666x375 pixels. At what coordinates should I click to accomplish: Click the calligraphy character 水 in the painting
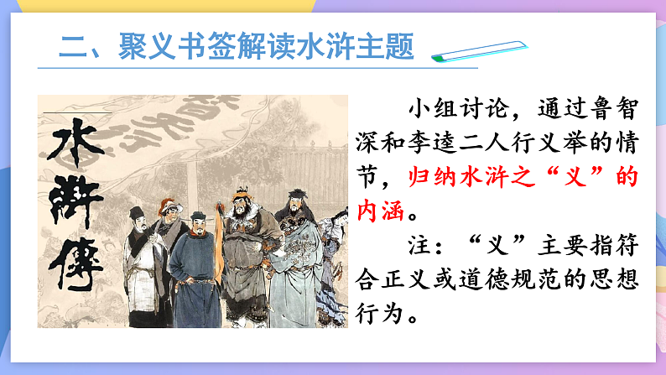pyautogui.click(x=74, y=149)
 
